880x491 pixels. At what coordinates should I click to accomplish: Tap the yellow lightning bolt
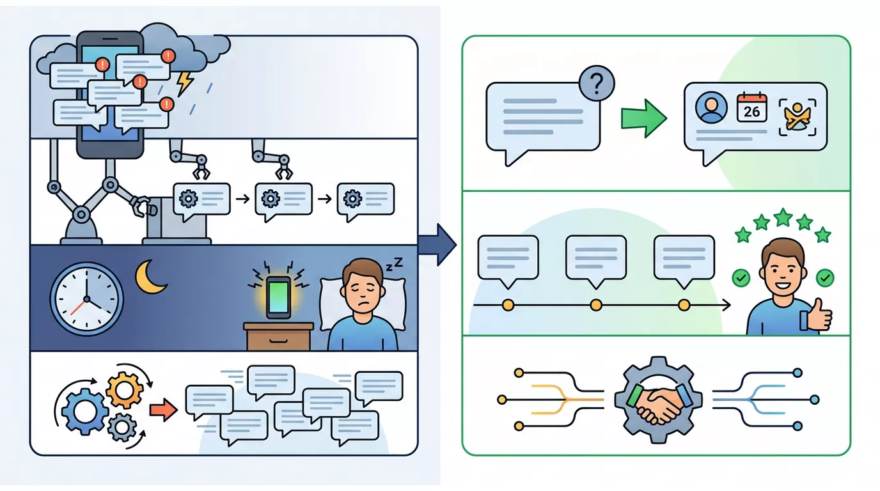pyautogui.click(x=185, y=83)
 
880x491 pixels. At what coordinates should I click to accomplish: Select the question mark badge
pyautogui.click(x=596, y=83)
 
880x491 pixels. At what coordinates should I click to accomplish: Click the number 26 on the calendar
pyautogui.click(x=751, y=111)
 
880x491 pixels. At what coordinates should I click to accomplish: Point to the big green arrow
pyautogui.click(x=644, y=118)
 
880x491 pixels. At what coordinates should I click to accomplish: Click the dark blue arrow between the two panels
pyautogui.click(x=437, y=245)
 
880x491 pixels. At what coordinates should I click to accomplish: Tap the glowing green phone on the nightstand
pyautogui.click(x=279, y=297)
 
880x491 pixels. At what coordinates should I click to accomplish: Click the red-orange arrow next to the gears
pyautogui.click(x=163, y=410)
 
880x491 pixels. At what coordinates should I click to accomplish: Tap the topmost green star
pyautogui.click(x=783, y=217)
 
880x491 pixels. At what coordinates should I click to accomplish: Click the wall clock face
pyautogui.click(x=86, y=299)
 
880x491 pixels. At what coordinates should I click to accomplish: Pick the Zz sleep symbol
pyautogui.click(x=394, y=264)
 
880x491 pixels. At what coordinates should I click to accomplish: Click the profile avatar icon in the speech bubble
pyautogui.click(x=711, y=107)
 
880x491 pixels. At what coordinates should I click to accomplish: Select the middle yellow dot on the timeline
pyautogui.click(x=596, y=305)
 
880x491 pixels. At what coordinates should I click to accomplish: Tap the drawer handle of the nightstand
pyautogui.click(x=278, y=341)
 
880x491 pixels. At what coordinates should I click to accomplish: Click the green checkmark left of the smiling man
pyautogui.click(x=741, y=278)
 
